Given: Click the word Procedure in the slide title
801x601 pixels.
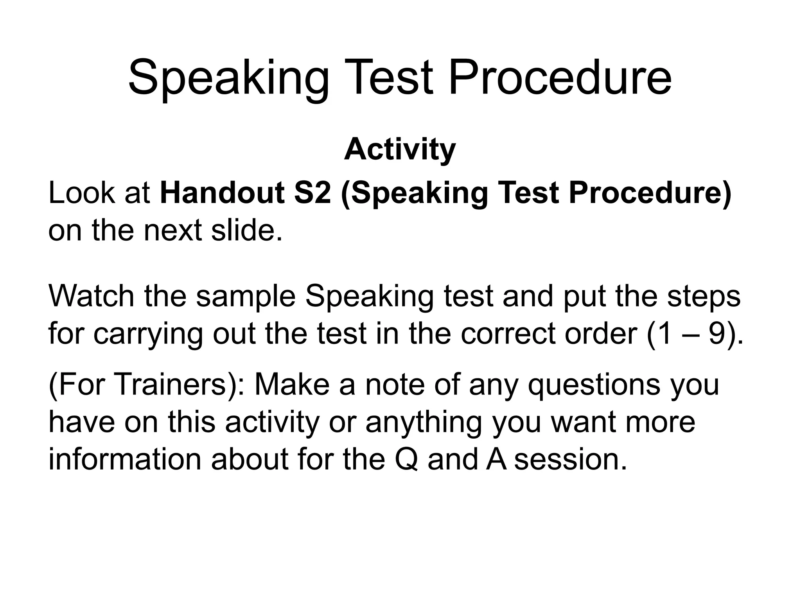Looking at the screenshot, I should [560, 78].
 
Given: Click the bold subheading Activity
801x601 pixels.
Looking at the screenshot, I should [400, 150].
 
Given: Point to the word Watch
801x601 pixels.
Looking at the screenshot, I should [92, 296].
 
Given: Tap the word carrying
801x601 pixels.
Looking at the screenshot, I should [148, 335].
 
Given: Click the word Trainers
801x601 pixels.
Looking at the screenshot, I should [171, 385].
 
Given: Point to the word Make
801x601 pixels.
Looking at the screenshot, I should [292, 385].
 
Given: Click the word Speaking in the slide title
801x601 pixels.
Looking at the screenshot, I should [228, 78].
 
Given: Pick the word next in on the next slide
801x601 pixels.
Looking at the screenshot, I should [172, 230].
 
